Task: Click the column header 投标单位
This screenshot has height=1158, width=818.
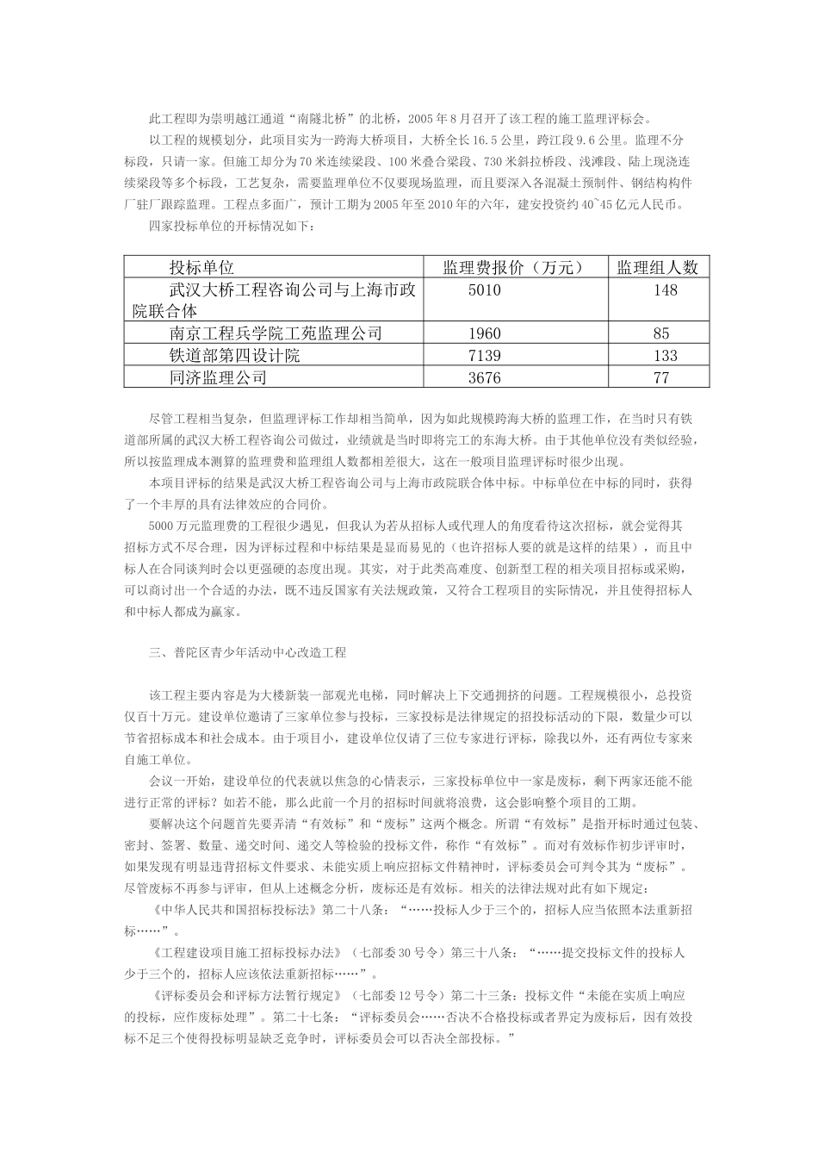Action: tap(202, 267)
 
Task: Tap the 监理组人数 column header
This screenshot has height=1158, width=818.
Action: tap(657, 267)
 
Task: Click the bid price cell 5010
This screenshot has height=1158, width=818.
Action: tap(484, 290)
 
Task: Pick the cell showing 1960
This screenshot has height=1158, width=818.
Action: tap(484, 333)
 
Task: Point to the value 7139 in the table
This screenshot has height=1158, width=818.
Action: tap(484, 356)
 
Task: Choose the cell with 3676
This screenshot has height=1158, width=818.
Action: tap(484, 378)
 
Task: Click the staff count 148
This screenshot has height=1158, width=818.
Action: tap(666, 290)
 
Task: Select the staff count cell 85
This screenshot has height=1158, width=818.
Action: tap(661, 333)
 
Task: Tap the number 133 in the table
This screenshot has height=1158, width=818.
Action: tap(666, 356)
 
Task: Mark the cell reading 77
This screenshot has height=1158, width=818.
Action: tap(661, 378)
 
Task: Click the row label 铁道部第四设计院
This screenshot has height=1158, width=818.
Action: tap(234, 356)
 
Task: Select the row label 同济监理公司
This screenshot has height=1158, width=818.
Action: tap(218, 378)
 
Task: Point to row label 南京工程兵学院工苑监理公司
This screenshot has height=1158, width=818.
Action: tap(276, 333)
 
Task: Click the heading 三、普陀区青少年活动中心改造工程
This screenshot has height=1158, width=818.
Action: tap(247, 653)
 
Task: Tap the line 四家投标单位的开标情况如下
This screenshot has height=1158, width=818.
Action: tap(232, 227)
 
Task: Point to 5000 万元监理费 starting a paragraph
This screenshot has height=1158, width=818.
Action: tap(194, 526)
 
